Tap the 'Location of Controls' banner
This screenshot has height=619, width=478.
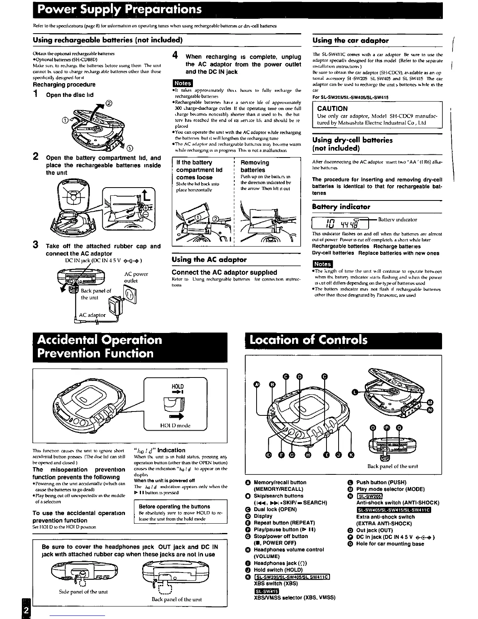click(x=309, y=340)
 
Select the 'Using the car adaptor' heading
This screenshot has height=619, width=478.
click(x=351, y=40)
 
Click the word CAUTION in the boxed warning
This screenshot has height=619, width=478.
click(x=332, y=109)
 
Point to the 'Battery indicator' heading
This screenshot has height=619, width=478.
click(x=341, y=207)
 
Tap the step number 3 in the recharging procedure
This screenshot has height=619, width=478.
click(x=35, y=245)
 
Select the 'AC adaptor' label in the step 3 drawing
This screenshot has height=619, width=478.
click(x=92, y=315)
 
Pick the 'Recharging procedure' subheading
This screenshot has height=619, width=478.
click(x=64, y=84)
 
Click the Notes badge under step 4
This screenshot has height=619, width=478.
click(x=182, y=83)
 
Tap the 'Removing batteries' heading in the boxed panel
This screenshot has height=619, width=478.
click(x=255, y=166)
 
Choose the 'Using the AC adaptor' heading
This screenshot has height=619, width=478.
click(x=209, y=259)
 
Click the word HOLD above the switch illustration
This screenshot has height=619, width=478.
click(x=177, y=386)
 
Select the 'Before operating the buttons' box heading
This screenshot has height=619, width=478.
click(x=174, y=506)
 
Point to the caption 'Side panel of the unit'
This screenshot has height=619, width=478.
click(x=83, y=592)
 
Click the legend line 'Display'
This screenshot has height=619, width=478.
click(x=263, y=516)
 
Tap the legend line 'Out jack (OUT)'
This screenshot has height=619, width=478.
click(x=374, y=530)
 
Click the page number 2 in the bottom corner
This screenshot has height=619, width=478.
click(x=26, y=610)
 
